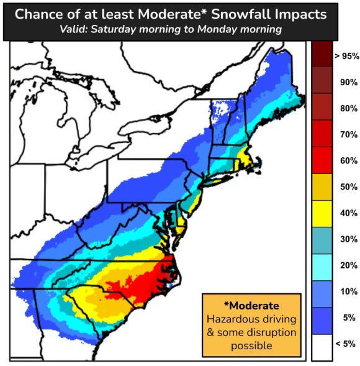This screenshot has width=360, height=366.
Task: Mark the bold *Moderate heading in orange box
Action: pos(251,306)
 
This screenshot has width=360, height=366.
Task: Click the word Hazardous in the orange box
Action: pos(232,319)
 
